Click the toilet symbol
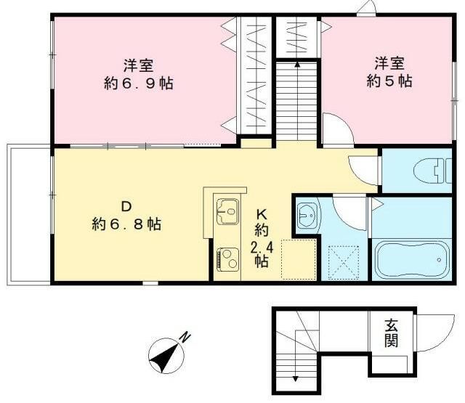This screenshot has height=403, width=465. coord(432,171)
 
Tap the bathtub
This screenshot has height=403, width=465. coord(411,259)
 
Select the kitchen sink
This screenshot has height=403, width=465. coord(227,211)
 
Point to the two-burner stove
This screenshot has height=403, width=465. coord(227,259)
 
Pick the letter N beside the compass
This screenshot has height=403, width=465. coord(186,338)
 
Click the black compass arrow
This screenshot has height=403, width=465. coord(165,357)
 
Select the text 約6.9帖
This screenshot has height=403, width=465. coord(139,84)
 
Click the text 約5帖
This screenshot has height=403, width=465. coord(389,81)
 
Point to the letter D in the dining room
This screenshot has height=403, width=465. coord(126,206)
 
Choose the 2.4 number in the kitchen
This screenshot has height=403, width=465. coord(262,247)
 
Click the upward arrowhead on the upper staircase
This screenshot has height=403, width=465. coord(297,65)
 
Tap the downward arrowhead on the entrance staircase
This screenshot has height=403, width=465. coord(296,378)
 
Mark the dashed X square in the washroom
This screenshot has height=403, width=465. coord(344,262)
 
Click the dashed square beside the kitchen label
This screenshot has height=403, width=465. coord(298,259)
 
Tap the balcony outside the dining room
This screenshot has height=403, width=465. coord(29,214)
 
